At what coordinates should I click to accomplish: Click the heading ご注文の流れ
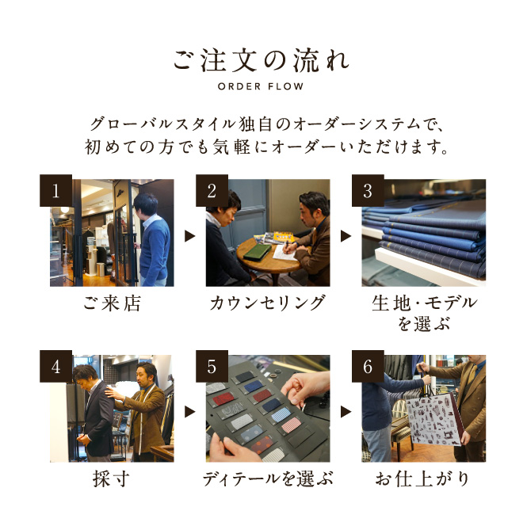(262, 61)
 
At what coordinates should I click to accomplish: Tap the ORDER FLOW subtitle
(261, 86)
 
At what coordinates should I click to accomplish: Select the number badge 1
(55, 190)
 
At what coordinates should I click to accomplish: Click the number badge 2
(212, 190)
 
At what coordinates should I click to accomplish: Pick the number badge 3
(368, 190)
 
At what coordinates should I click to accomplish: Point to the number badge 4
(55, 366)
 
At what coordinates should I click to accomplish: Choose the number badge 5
(212, 366)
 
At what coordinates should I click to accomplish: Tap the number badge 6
(368, 366)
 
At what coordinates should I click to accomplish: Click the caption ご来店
(112, 303)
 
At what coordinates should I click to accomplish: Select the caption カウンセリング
(268, 303)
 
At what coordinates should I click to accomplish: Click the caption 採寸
(112, 479)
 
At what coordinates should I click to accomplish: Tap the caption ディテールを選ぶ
(268, 479)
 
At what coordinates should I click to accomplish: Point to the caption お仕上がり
(423, 479)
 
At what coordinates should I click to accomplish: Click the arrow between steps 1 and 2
(190, 236)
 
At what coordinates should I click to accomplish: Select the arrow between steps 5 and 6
(346, 412)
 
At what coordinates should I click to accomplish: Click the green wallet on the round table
(258, 252)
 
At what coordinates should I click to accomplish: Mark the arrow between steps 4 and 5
(190, 412)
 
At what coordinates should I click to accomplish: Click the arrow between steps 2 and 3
(346, 236)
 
